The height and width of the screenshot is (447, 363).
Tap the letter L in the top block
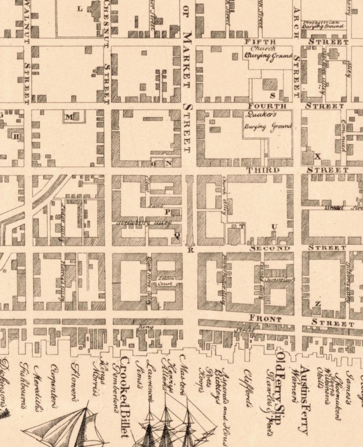[x=80, y=9]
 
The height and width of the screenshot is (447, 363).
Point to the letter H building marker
[x=16, y=137]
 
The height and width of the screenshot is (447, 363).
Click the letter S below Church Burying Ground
[x=273, y=96]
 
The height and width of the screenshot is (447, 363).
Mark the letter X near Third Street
[x=318, y=156]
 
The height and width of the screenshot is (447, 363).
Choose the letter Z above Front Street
[x=318, y=304]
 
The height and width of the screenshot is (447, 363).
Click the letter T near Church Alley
[x=242, y=226]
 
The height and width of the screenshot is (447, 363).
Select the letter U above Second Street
[x=274, y=227]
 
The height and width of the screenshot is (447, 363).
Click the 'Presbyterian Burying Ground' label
[x=323, y=25]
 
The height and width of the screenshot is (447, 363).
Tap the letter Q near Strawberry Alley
[x=177, y=235]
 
